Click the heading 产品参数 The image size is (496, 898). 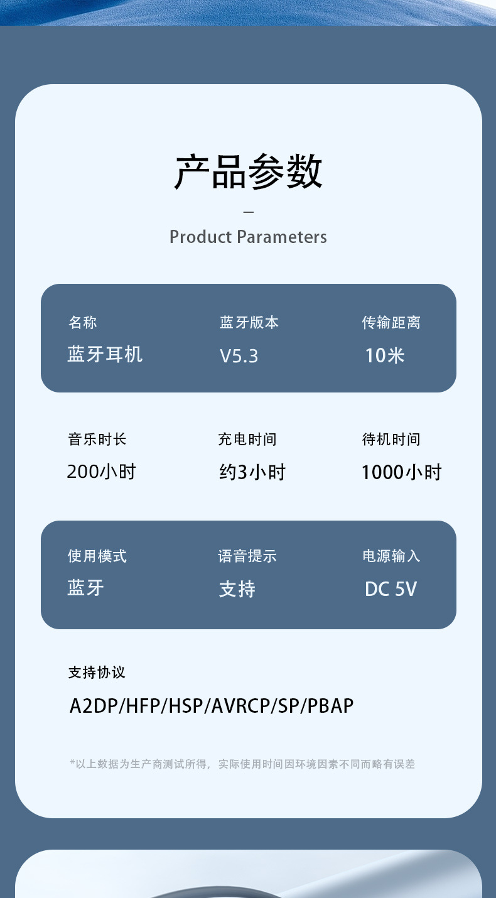[x=248, y=171]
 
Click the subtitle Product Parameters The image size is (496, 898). [x=248, y=237]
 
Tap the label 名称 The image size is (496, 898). [x=83, y=323]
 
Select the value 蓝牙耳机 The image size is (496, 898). [x=105, y=355]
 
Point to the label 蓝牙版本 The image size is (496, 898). [x=249, y=323]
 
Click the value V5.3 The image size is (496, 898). [x=239, y=356]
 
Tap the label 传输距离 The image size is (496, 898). [x=391, y=323]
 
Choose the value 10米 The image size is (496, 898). [x=385, y=355]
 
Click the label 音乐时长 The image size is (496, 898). [x=97, y=439]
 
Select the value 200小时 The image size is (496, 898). [x=102, y=472]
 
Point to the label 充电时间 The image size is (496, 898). [x=247, y=439]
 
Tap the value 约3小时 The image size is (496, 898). [x=252, y=472]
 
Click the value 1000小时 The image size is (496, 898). [x=402, y=472]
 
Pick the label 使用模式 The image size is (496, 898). [x=97, y=556]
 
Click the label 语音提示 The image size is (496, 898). [x=247, y=556]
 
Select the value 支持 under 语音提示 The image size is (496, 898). [x=237, y=589]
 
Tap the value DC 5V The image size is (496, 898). [x=391, y=589]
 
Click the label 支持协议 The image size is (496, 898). [x=97, y=673]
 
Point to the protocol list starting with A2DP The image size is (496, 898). [x=212, y=706]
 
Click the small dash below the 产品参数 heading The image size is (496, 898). [x=248, y=212]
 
